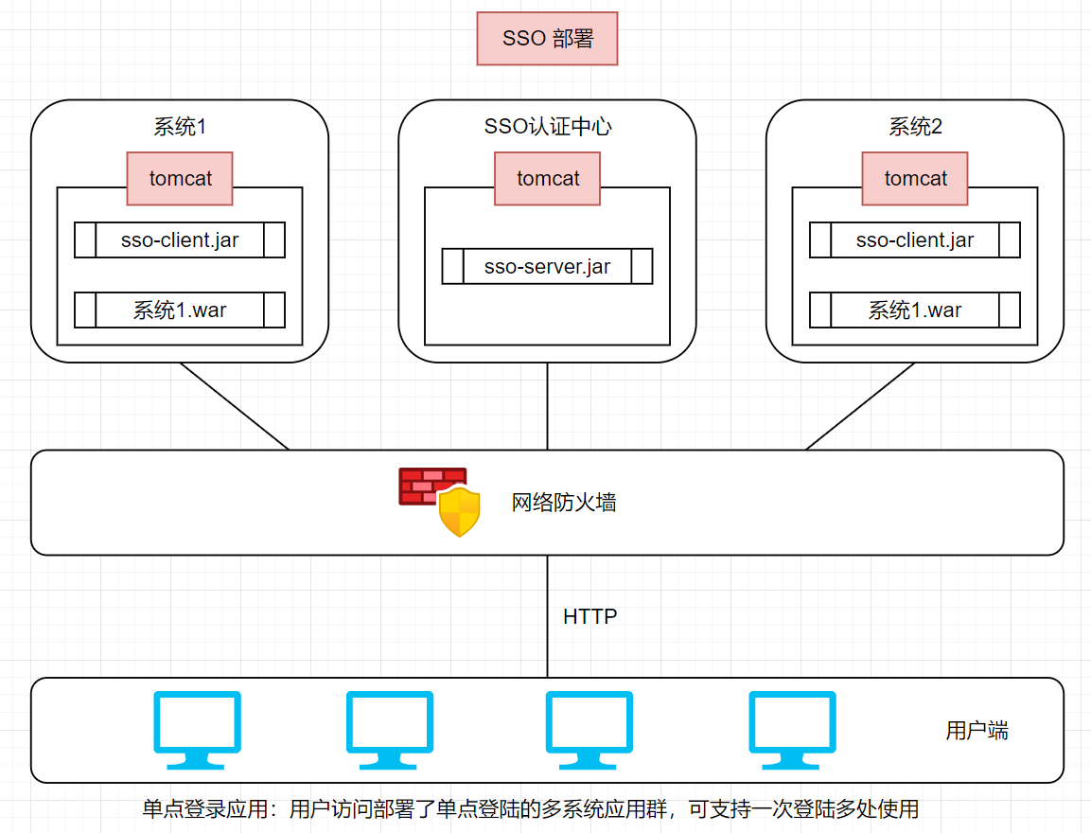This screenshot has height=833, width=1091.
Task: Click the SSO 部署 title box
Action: tap(547, 39)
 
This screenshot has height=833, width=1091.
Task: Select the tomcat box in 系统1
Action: tap(180, 178)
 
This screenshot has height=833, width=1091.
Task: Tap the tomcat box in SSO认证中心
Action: tap(547, 178)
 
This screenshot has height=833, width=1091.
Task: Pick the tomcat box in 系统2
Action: tap(915, 178)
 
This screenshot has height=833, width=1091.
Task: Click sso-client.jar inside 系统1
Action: tap(180, 240)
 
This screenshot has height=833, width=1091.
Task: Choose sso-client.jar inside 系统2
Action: tap(915, 240)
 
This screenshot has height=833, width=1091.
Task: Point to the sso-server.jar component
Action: tap(547, 267)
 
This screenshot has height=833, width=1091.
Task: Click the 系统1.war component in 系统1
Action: tap(180, 310)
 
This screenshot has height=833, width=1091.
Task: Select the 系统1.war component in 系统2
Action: tap(915, 310)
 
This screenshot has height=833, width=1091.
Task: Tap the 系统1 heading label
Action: tap(180, 127)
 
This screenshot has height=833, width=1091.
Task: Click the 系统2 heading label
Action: tap(915, 127)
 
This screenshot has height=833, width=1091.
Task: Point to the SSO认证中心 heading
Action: tap(547, 127)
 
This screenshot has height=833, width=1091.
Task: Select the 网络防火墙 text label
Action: tap(564, 503)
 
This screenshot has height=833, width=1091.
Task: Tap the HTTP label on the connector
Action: tap(589, 617)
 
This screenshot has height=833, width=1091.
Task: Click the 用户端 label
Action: tap(977, 731)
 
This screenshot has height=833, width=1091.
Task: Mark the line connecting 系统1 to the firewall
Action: tap(235, 407)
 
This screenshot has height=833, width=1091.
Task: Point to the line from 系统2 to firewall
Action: tap(859, 407)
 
